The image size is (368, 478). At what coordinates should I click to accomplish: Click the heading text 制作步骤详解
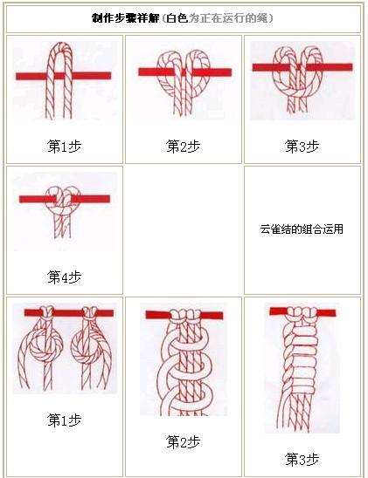click(126, 17)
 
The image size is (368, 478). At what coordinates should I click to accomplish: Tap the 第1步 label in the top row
click(64, 146)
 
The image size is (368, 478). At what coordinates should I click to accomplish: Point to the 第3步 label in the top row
click(302, 146)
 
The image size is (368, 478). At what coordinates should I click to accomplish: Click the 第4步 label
click(64, 277)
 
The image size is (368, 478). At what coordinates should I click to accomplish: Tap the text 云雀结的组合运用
click(302, 229)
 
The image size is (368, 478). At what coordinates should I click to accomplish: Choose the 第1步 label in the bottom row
click(64, 420)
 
